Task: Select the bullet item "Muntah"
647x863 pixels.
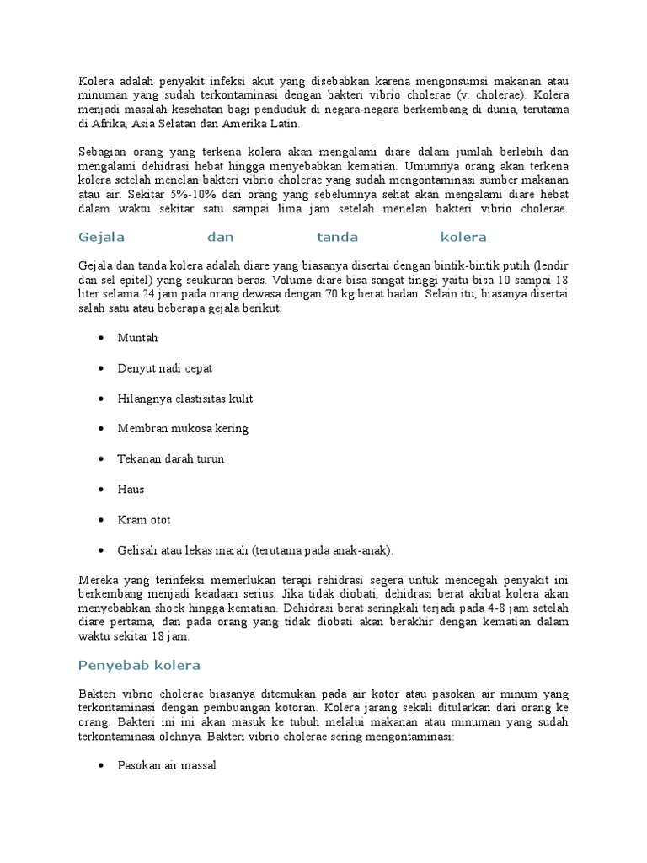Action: (x=137, y=338)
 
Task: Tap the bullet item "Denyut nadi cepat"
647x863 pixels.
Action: (x=165, y=368)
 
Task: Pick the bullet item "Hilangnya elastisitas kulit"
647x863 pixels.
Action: (x=185, y=399)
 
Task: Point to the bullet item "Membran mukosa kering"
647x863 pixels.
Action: (x=183, y=428)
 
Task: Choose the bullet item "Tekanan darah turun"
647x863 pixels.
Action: (x=171, y=459)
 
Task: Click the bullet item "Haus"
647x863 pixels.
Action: (x=131, y=490)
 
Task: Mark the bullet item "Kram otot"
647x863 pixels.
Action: (x=144, y=520)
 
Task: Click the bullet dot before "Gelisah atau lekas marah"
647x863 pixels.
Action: (x=101, y=550)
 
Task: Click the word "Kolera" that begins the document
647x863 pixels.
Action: (x=96, y=81)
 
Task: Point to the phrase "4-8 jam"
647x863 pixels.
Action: (x=486, y=607)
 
